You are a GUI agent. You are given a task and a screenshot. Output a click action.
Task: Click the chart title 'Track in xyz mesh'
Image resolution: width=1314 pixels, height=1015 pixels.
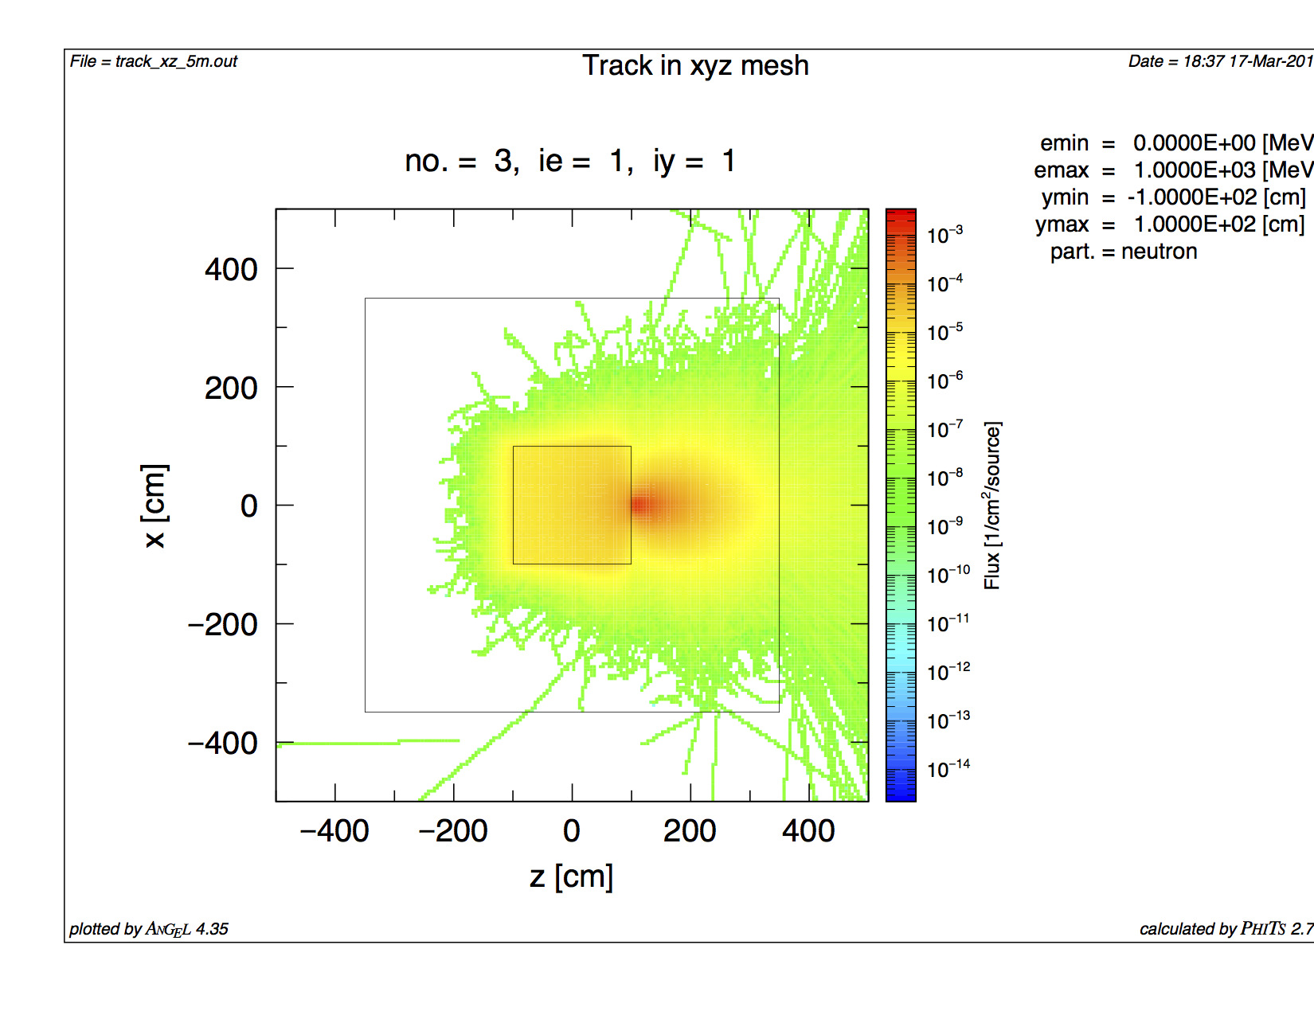click(695, 65)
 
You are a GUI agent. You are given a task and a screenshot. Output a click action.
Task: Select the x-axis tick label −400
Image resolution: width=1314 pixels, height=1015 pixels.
click(334, 831)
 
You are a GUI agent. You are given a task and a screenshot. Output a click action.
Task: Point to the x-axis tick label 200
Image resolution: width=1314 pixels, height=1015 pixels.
click(690, 831)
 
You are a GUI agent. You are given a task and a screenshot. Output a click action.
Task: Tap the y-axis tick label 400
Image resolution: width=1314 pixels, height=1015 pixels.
click(231, 270)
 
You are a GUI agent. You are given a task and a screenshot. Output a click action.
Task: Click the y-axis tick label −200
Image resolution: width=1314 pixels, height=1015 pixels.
click(222, 625)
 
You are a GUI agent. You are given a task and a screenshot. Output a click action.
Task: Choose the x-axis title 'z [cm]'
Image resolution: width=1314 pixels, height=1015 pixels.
click(571, 876)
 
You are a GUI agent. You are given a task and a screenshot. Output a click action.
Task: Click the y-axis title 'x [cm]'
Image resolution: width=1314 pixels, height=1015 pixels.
click(154, 506)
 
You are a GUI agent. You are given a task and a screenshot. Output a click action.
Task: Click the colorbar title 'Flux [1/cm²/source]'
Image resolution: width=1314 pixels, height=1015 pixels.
click(992, 506)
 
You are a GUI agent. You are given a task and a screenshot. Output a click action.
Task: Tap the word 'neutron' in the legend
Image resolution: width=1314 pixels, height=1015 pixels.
click(1160, 252)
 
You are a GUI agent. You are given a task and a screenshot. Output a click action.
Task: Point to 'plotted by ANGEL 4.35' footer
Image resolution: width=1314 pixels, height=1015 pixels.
click(149, 929)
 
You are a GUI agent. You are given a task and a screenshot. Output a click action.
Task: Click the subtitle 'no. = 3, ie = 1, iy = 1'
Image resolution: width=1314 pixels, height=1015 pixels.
click(569, 162)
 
